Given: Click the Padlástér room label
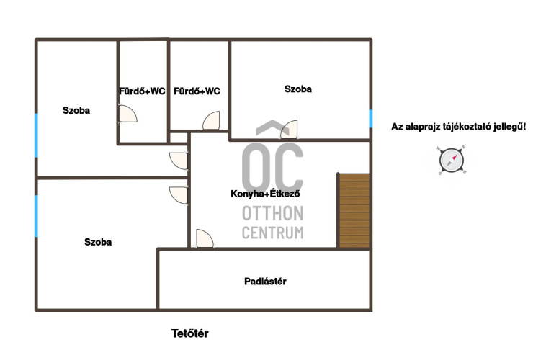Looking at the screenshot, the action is [265, 282].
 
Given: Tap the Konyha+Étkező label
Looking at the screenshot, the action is [265, 194].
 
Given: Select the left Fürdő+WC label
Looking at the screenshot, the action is [142, 91].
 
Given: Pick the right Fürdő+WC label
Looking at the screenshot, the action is [197, 91].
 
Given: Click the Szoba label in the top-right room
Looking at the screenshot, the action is [298, 89].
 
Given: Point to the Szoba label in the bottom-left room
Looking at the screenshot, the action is [98, 243].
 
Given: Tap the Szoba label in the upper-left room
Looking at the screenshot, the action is [76, 110].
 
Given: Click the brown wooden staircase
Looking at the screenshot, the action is [354, 211].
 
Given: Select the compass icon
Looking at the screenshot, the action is [452, 161].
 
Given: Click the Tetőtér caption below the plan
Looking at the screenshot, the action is [189, 333].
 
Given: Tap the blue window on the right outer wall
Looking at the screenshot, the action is [371, 119].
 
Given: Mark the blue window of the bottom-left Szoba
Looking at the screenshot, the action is [36, 216].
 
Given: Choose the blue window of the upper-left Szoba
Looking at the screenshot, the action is [36, 135].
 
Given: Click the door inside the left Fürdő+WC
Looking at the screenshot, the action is [127, 114].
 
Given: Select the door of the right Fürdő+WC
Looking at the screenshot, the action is [211, 120].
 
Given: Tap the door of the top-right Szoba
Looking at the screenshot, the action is [289, 130].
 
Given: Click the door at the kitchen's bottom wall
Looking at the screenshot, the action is [205, 238].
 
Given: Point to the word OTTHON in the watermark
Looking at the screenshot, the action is [273, 213].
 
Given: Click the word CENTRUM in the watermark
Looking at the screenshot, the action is [273, 233].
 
